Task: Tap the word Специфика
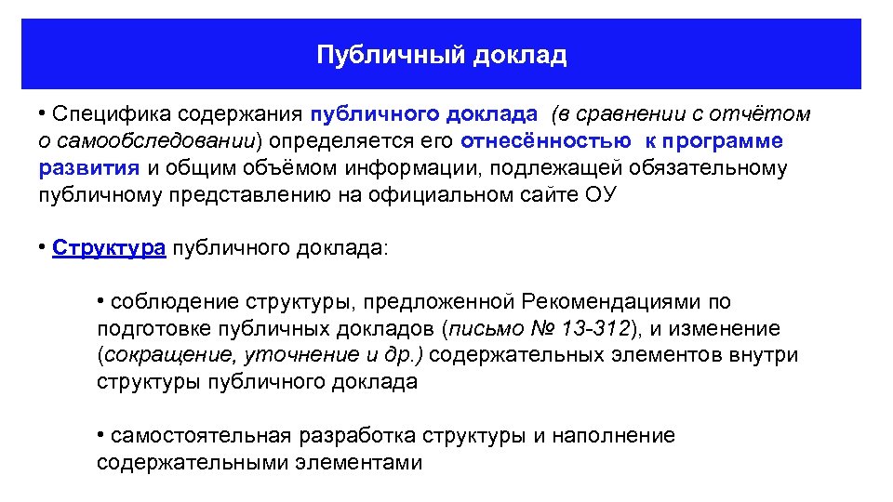click(98, 114)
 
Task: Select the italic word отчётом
click(760, 114)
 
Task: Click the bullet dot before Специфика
click(43, 113)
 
